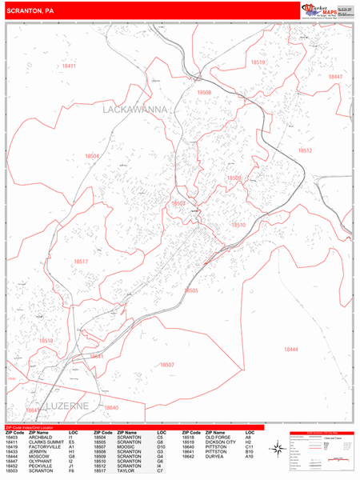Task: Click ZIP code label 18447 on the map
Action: click(335, 77)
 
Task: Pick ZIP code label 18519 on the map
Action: click(258, 62)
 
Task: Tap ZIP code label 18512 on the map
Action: click(305, 150)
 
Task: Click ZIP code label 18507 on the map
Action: click(166, 365)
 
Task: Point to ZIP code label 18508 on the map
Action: click(204, 93)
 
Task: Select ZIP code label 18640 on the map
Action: click(110, 408)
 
